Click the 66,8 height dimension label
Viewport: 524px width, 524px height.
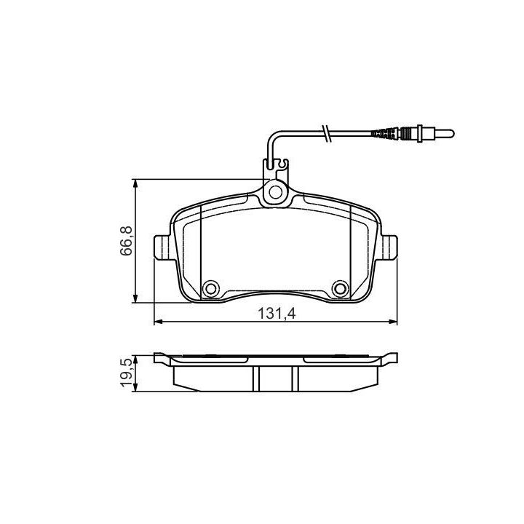tap(127, 241)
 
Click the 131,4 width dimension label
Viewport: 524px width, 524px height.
tap(277, 314)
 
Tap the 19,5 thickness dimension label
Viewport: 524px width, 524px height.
tap(127, 373)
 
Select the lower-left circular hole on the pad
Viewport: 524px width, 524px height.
tap(211, 288)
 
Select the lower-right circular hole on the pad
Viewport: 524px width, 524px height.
tap(340, 288)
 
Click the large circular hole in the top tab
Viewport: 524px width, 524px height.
tap(276, 192)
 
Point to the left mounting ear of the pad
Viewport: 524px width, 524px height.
tap(163, 247)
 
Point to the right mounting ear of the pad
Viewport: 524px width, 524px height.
tap(389, 247)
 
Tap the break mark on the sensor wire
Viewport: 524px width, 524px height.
tap(326, 134)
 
